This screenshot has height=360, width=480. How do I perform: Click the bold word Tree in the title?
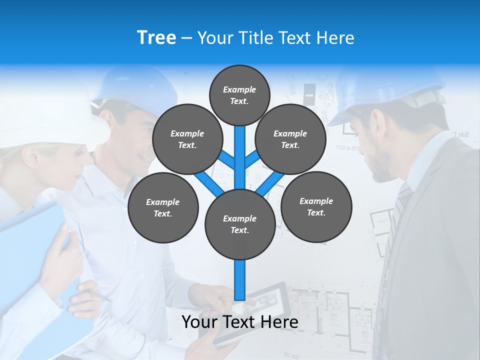[156, 37]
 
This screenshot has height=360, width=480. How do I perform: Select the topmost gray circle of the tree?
[239, 95]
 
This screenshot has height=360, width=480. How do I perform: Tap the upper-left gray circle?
[187, 139]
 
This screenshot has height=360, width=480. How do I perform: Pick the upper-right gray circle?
[290, 139]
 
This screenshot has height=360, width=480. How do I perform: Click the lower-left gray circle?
[163, 207]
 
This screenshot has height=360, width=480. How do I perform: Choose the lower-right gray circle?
[316, 206]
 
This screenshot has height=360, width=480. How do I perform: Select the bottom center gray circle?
[240, 224]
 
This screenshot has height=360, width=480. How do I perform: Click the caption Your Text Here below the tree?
[240, 322]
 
